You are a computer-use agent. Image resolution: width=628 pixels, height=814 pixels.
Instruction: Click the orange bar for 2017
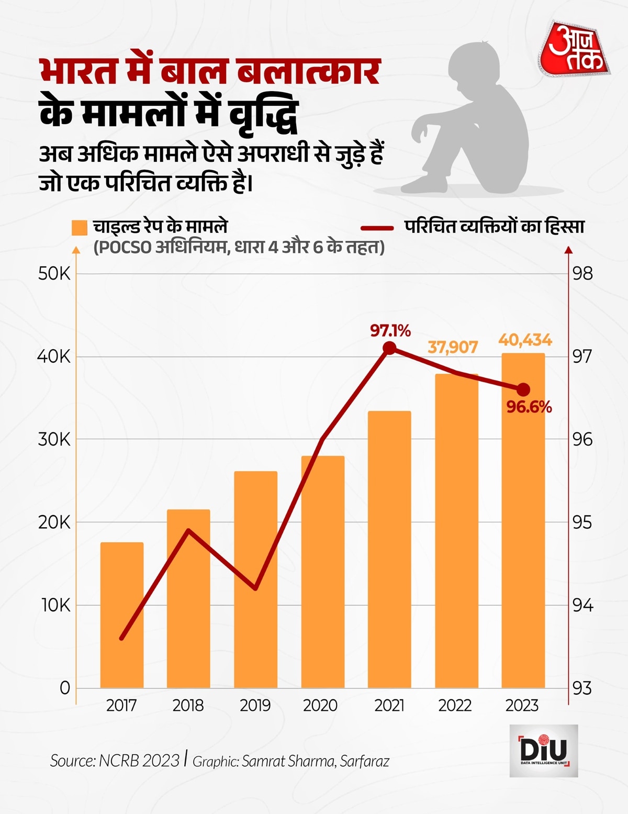(x=122, y=615)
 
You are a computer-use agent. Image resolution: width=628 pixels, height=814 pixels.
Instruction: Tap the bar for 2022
(x=456, y=531)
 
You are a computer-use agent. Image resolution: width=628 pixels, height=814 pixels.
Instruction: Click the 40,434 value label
(x=525, y=340)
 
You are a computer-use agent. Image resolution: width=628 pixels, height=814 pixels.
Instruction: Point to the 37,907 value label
(x=453, y=347)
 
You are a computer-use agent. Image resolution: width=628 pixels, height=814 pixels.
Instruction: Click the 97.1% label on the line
(x=390, y=331)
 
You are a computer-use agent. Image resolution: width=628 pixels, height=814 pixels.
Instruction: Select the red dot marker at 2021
(x=389, y=348)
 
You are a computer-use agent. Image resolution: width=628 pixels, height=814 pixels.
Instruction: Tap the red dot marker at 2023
(x=523, y=389)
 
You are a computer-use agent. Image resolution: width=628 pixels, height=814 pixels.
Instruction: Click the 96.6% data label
(x=529, y=407)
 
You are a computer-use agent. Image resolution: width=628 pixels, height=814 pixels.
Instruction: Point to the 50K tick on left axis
(x=54, y=274)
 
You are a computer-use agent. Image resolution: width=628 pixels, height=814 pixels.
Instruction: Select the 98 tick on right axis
(x=583, y=274)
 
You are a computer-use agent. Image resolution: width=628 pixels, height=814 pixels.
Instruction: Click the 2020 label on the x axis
(x=320, y=706)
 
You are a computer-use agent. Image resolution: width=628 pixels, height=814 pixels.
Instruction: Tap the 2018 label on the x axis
(x=188, y=706)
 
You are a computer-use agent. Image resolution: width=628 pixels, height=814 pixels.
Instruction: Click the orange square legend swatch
(x=80, y=228)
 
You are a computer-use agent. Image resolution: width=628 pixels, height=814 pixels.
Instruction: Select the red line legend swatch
(x=377, y=228)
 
